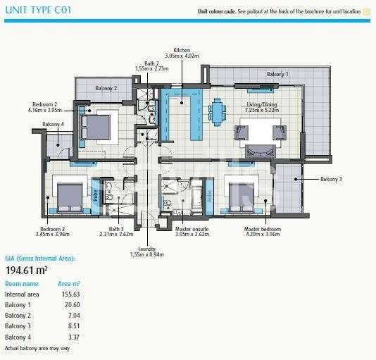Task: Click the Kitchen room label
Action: point(182,50)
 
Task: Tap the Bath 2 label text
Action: point(151,63)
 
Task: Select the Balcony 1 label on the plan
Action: point(277,74)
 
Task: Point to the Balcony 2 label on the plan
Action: point(106,88)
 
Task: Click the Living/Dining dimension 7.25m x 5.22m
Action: point(262,110)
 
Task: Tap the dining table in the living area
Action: point(218,112)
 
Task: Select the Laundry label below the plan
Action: point(146,249)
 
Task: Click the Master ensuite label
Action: point(192,229)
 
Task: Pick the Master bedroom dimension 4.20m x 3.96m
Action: point(263,234)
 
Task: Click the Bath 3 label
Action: point(116,229)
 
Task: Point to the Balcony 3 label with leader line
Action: point(331,179)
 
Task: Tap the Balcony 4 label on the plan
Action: point(53,124)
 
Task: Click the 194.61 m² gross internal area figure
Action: point(26,271)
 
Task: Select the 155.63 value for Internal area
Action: point(70,294)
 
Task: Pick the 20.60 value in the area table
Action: point(73,305)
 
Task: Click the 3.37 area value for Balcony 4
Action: point(74,337)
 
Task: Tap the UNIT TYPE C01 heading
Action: point(38,10)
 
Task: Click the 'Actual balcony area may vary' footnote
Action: point(37,348)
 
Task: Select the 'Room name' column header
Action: point(22,284)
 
